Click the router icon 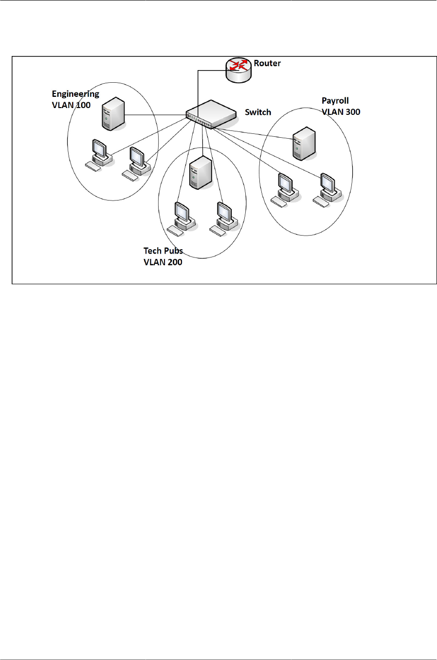238,71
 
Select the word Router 267,63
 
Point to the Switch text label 258,112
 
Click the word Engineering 75,94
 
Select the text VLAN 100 71,105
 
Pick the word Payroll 335,101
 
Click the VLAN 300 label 341,112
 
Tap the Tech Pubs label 163,251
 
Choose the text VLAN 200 163,262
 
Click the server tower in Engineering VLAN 113,114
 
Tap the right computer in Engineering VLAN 137,162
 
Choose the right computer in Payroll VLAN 328,187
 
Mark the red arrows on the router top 238,65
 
